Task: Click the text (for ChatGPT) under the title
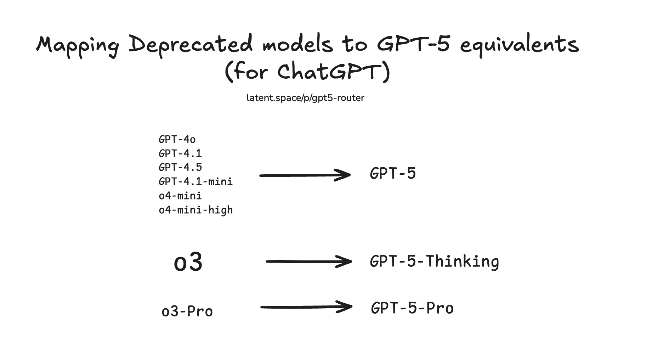point(307,72)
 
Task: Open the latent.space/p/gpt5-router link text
point(305,98)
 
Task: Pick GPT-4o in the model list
point(177,140)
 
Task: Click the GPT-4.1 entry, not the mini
point(180,153)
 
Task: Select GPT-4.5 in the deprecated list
point(180,167)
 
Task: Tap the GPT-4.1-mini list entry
point(195,181)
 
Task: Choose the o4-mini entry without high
point(180,196)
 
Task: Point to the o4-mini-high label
point(195,210)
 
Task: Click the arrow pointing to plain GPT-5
point(305,175)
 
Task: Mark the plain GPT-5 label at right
point(392,174)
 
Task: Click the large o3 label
point(188,262)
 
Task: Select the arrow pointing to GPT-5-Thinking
point(308,261)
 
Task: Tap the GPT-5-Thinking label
point(434,261)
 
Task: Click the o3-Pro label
point(187,311)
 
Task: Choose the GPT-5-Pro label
point(412,308)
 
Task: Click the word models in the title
point(297,45)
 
